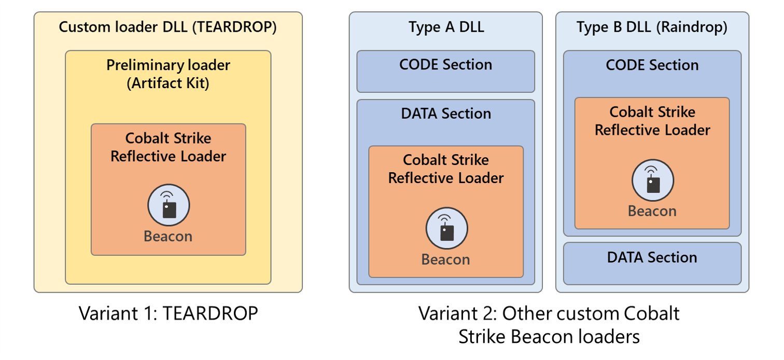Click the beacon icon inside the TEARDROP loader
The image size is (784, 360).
tap(169, 205)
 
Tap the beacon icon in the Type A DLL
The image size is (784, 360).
tap(446, 228)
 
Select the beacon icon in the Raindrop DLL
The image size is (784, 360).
tap(652, 180)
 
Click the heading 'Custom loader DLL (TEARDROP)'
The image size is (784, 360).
tap(167, 27)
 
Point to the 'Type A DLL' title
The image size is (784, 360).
tap(446, 27)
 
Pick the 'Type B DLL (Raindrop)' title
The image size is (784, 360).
tap(652, 27)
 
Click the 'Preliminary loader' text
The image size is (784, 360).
tap(168, 65)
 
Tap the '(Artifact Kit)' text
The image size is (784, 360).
tap(168, 83)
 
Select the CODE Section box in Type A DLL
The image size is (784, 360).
tap(446, 71)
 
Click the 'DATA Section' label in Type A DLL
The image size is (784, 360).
tap(446, 114)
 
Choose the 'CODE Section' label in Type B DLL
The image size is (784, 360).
tap(652, 65)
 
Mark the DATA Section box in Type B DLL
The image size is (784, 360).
tap(652, 263)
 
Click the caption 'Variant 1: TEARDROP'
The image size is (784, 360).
tap(168, 313)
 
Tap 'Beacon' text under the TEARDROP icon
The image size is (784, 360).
tap(168, 236)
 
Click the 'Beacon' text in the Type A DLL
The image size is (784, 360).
tap(446, 259)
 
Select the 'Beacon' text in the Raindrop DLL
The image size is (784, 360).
tap(652, 211)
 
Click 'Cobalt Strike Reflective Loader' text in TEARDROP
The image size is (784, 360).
tap(169, 147)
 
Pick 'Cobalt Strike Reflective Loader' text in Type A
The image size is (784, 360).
tap(446, 169)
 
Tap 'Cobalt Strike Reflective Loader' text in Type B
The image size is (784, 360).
tap(652, 121)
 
